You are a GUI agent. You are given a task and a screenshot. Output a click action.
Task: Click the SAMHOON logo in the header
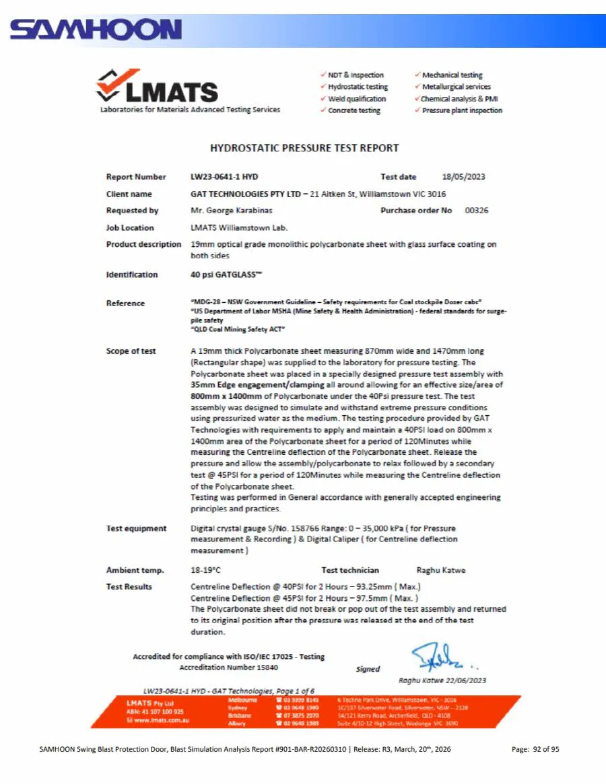(96, 30)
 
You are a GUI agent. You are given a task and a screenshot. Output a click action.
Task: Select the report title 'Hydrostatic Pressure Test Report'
(304, 148)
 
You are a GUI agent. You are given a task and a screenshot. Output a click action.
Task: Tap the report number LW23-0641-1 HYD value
(224, 177)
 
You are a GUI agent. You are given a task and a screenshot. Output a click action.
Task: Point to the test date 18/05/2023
(463, 177)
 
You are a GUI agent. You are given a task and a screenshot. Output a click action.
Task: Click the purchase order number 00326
(476, 211)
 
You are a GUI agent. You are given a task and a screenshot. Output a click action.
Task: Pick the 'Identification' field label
(132, 275)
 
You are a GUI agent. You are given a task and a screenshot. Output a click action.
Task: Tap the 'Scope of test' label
(131, 351)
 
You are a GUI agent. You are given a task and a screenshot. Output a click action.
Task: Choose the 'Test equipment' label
(136, 528)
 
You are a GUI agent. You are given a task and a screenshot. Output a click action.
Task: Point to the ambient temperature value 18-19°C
(205, 570)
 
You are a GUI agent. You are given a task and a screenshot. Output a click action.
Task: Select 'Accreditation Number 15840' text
(228, 668)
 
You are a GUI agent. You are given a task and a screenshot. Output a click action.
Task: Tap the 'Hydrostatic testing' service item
(358, 87)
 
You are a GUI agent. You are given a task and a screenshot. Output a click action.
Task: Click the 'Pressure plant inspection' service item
(462, 110)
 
